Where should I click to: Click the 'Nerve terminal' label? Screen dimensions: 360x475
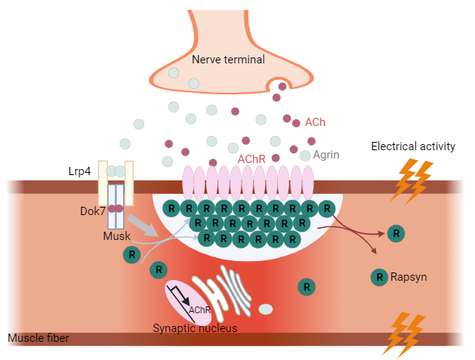[228, 60]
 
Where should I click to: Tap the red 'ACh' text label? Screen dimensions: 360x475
[315, 122]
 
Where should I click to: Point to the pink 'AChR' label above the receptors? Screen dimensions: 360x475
[251, 160]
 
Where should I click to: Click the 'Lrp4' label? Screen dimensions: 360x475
[79, 171]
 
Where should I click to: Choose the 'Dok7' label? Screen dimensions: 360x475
[92, 211]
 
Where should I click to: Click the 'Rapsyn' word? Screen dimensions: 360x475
[409, 277]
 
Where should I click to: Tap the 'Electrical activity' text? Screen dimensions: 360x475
[413, 146]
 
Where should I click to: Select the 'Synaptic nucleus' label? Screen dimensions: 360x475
[195, 328]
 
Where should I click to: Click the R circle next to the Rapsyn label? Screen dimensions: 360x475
[378, 277]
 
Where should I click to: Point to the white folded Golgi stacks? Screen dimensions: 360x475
[230, 290]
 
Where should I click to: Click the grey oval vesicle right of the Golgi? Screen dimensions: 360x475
[266, 309]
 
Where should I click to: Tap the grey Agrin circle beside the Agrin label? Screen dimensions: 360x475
[305, 155]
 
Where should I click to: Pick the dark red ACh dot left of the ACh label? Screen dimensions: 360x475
[287, 118]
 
